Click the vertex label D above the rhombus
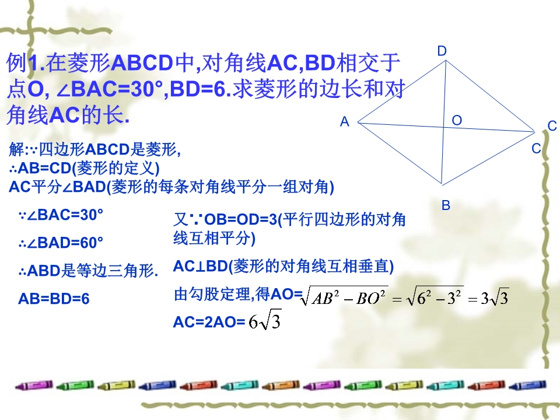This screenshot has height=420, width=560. pyautogui.click(x=442, y=51)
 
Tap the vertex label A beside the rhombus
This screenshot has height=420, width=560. pyautogui.click(x=344, y=122)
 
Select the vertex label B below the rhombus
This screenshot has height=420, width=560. pyautogui.click(x=446, y=205)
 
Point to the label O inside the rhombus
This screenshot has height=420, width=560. pyautogui.click(x=457, y=120)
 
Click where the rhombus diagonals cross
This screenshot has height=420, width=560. pyautogui.click(x=443, y=127)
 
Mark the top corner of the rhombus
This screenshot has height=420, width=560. pyautogui.click(x=446, y=61)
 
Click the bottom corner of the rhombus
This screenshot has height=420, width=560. pyautogui.click(x=442, y=184)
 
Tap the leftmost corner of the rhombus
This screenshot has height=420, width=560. pyautogui.click(x=358, y=123)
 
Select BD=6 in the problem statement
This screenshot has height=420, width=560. pyautogui.click(x=198, y=89)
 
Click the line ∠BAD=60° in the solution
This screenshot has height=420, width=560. pyautogui.click(x=61, y=243)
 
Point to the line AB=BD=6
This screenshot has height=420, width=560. pyautogui.click(x=54, y=299)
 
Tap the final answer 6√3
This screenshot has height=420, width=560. pyautogui.click(x=265, y=321)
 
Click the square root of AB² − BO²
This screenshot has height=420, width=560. pyautogui.click(x=345, y=296)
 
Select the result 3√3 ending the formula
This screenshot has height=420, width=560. pyautogui.click(x=494, y=297)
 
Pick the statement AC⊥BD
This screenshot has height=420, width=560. pyautogui.click(x=201, y=267)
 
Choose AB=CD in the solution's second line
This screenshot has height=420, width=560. pyautogui.click(x=45, y=168)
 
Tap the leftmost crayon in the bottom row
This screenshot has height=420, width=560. pyautogui.click(x=34, y=386)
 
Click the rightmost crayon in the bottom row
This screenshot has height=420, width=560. pyautogui.click(x=527, y=386)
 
